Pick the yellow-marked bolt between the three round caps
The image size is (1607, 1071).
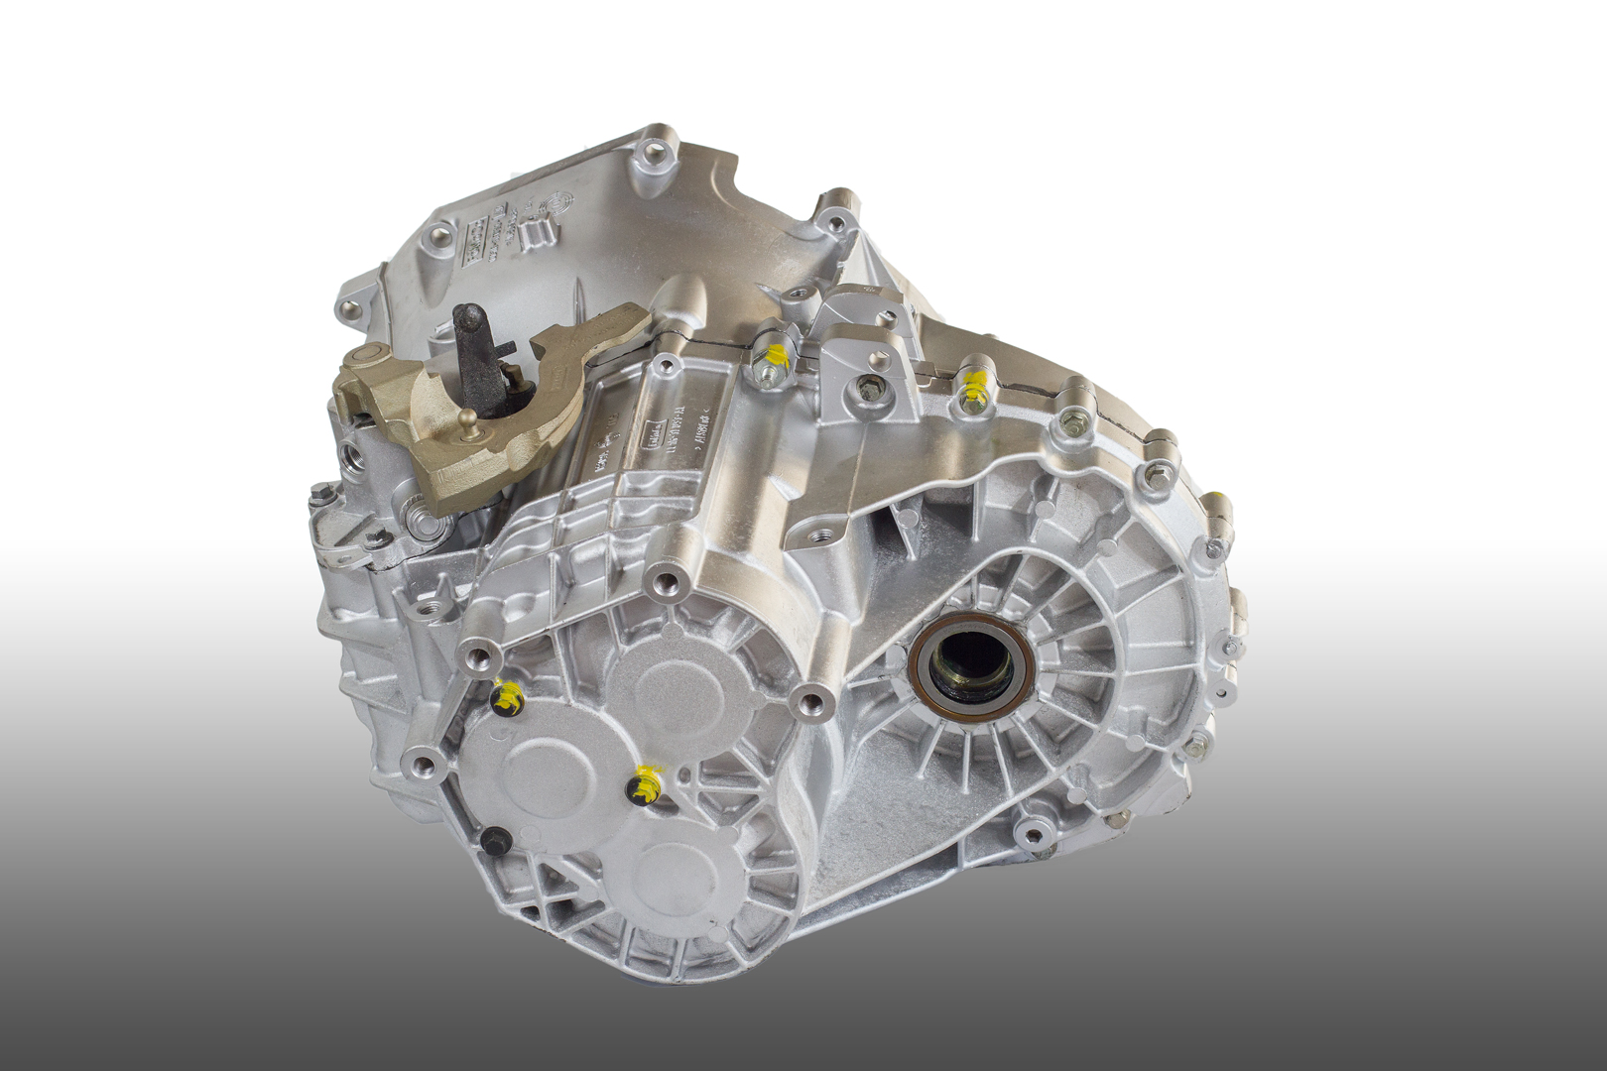tap(644, 786)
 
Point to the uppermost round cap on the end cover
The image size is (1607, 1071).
tap(670, 685)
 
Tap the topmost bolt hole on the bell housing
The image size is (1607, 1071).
tap(653, 153)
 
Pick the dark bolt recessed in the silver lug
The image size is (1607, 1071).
tap(870, 390)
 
